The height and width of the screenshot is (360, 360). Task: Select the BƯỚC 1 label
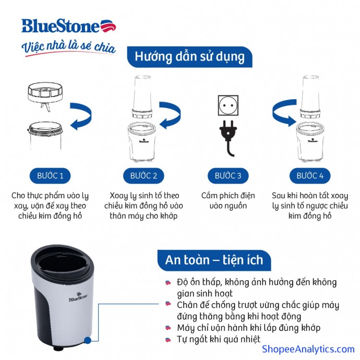(50, 175)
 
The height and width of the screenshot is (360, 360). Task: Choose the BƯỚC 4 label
(310, 175)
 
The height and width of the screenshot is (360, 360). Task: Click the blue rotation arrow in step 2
(170, 115)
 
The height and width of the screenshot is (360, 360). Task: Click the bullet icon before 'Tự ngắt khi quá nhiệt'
(168, 340)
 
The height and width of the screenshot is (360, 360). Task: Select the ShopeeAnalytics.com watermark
(308, 349)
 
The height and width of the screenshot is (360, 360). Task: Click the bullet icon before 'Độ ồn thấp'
(168, 282)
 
